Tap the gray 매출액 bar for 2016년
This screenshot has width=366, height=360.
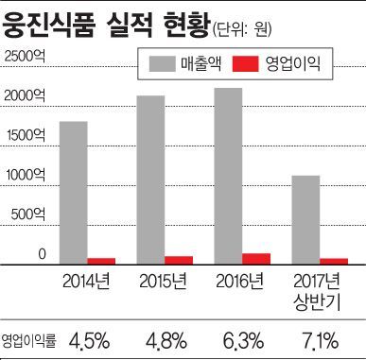[x=228, y=175]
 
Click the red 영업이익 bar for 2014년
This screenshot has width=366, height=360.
[x=101, y=260]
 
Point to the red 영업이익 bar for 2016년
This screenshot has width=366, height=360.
[x=256, y=258]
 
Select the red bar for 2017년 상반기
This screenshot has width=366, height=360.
[x=334, y=260]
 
